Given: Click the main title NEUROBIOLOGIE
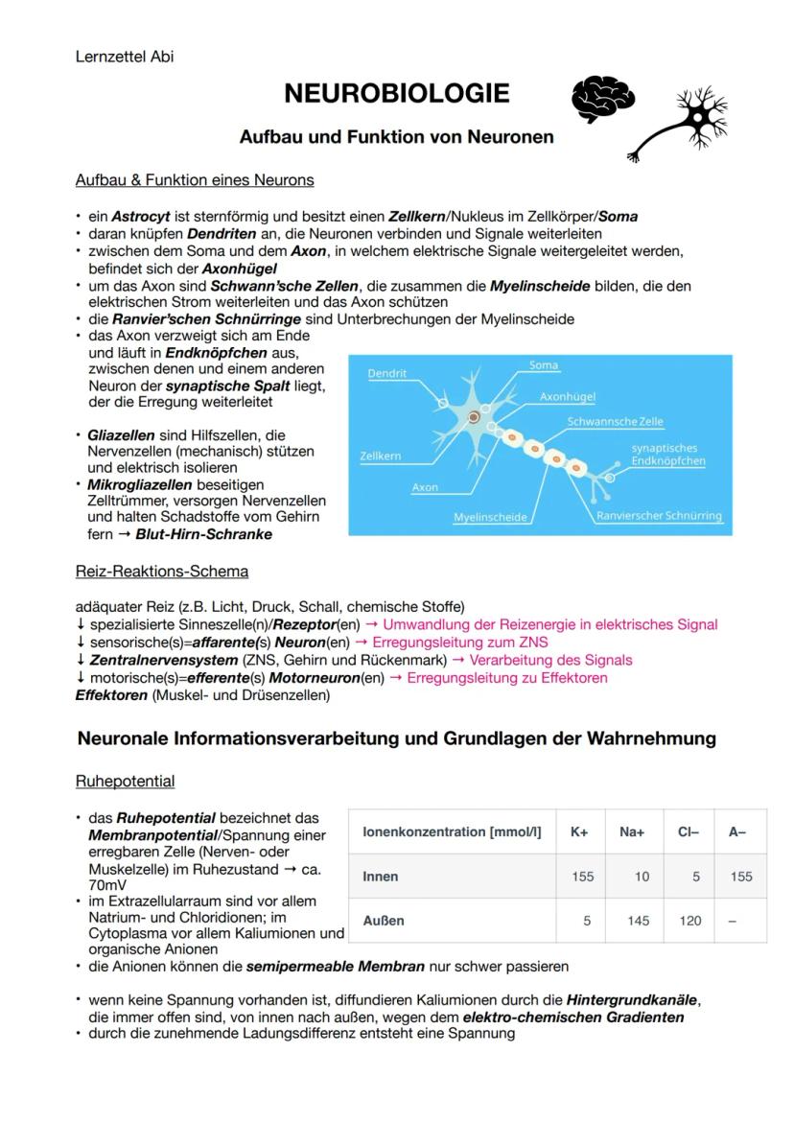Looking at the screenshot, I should pyautogui.click(x=396, y=94).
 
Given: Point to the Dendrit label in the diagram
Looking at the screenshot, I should pyautogui.click(x=387, y=373).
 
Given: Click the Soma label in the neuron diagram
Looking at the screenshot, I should pyautogui.click(x=544, y=365).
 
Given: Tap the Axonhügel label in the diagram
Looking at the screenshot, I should pyautogui.click(x=568, y=395).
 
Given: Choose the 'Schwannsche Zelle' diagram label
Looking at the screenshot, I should pyautogui.click(x=615, y=421).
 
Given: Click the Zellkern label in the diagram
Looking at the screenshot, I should pyautogui.click(x=381, y=456).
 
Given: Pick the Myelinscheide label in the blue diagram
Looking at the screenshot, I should pyautogui.click(x=491, y=517).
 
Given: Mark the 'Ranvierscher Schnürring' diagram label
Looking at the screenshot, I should pyautogui.click(x=659, y=516).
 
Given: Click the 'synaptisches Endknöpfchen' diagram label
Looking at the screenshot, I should pyautogui.click(x=667, y=454).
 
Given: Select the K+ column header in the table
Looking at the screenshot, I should pyautogui.click(x=579, y=832).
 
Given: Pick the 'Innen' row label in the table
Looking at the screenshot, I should pyautogui.click(x=381, y=877).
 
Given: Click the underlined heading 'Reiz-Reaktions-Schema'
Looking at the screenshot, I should pyautogui.click(x=162, y=572).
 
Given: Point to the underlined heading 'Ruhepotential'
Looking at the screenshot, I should pyautogui.click(x=125, y=781).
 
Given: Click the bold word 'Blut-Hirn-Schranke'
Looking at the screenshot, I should pyautogui.click(x=203, y=534).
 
